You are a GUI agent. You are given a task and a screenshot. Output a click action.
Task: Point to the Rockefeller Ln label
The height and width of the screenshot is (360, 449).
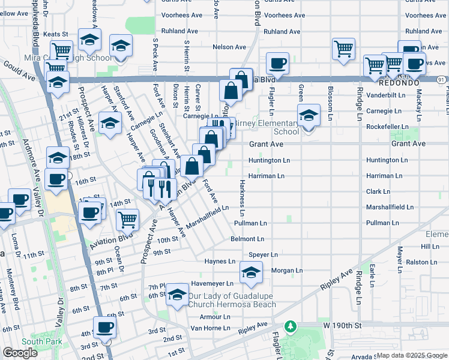pos(387,127)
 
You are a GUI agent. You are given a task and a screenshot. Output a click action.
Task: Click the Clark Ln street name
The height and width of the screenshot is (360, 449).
pos(378,192)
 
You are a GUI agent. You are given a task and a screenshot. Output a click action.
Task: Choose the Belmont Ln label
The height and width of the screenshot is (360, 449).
pos(248,239)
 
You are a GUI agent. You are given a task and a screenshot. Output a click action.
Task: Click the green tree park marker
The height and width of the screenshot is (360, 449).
pos(291,326)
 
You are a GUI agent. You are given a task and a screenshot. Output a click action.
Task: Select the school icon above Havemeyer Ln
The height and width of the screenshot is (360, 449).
pos(251,272)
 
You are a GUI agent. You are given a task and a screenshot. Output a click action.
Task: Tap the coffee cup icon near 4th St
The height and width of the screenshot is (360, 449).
pos(106,327)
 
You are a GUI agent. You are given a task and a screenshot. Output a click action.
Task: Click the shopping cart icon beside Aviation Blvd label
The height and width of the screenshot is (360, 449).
pos(127,220)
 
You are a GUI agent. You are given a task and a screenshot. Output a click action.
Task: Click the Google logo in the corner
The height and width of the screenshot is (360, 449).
pos(20,353)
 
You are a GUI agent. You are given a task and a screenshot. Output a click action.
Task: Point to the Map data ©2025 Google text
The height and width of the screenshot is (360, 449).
pos(411,355)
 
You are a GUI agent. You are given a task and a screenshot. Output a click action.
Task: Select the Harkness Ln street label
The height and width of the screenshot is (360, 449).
pos(242,197)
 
